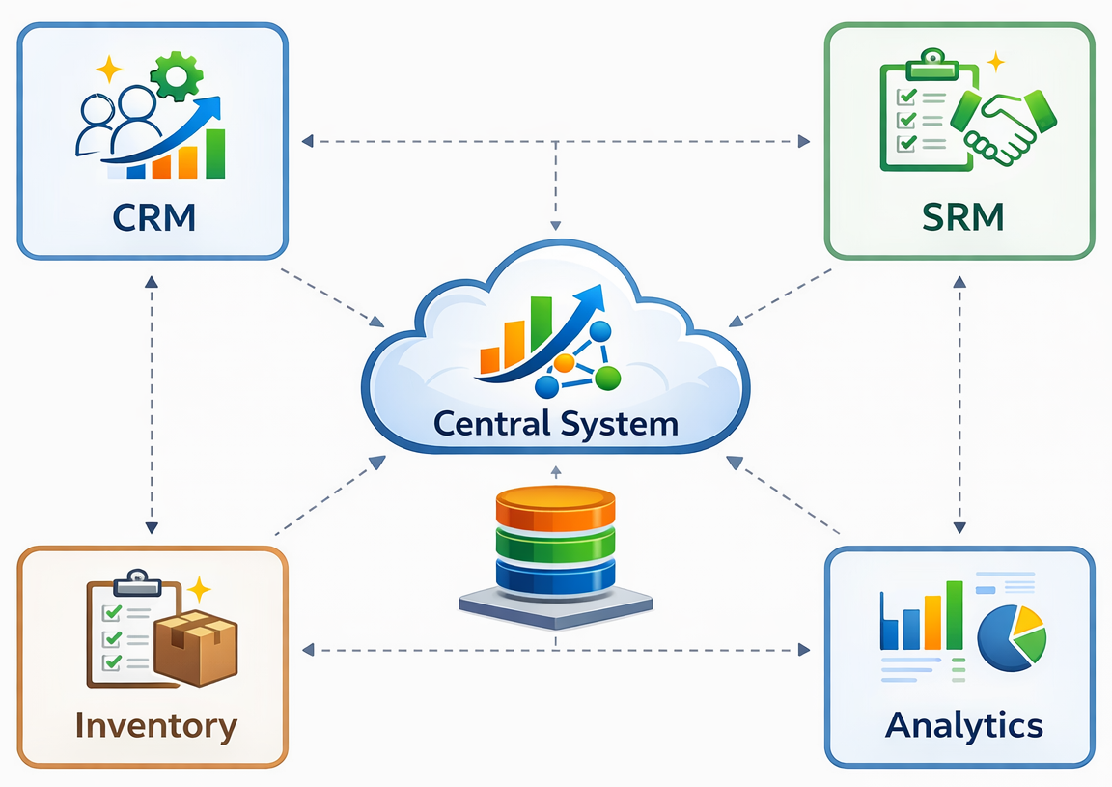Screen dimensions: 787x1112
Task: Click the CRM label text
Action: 153,216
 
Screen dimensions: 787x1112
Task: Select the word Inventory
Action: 155,725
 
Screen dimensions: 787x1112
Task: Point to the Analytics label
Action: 963,724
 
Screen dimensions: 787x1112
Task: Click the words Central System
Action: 556,423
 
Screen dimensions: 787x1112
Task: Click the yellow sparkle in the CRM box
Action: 109,70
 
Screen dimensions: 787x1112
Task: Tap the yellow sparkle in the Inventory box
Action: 199,589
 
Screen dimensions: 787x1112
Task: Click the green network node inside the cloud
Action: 607,378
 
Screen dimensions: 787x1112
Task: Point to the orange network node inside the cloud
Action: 564,363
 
